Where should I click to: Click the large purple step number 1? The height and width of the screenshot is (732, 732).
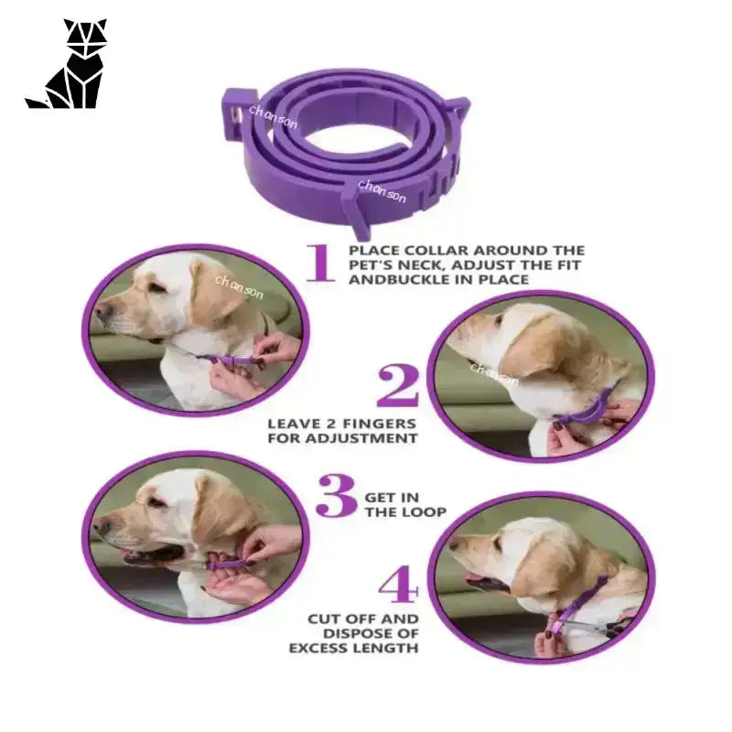click(x=320, y=263)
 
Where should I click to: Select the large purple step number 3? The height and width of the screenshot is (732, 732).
click(x=336, y=495)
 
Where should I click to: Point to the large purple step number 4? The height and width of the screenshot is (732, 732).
click(x=398, y=584)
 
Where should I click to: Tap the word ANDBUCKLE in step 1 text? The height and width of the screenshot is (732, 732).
click(x=399, y=280)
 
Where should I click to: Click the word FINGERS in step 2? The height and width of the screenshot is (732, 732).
click(x=379, y=424)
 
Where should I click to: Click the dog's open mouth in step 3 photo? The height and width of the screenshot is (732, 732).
click(x=154, y=554)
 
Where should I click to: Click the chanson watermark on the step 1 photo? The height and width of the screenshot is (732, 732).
click(x=239, y=286)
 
